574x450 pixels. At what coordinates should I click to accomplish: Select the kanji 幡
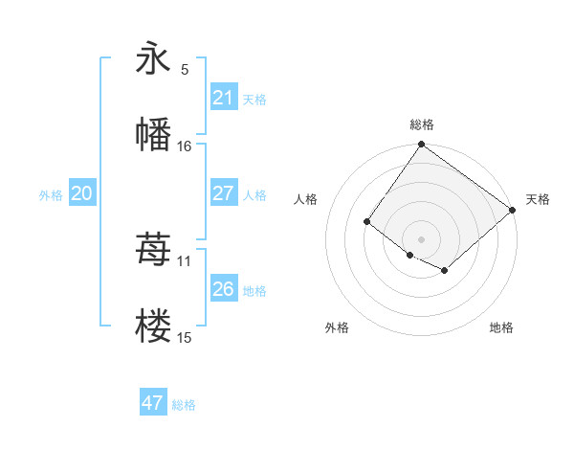coord(153,134)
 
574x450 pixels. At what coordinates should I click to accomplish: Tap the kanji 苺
coord(153,250)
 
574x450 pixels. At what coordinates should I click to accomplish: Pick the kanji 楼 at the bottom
coord(153,326)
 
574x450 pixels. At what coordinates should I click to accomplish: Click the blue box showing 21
coord(223,98)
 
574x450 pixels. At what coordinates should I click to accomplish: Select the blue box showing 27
coord(223,193)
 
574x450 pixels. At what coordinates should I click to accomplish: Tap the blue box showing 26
coord(223,289)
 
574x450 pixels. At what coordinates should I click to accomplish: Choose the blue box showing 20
coord(81,193)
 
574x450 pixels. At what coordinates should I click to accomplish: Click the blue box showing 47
coord(152,403)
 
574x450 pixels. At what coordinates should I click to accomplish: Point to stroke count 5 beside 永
coord(185,69)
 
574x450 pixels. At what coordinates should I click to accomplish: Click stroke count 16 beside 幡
coord(185,146)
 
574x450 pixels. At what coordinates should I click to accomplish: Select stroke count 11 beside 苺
coord(185,260)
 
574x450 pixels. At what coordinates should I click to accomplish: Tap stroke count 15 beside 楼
coord(185,337)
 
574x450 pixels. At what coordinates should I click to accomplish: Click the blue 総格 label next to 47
coord(184,405)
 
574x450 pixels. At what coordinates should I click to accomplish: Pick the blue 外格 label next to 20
coord(51,195)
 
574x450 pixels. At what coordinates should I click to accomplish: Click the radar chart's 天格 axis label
coord(538,199)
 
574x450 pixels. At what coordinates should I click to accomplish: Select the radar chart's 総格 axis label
coord(422,124)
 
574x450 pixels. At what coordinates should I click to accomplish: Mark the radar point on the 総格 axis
coord(422,146)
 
